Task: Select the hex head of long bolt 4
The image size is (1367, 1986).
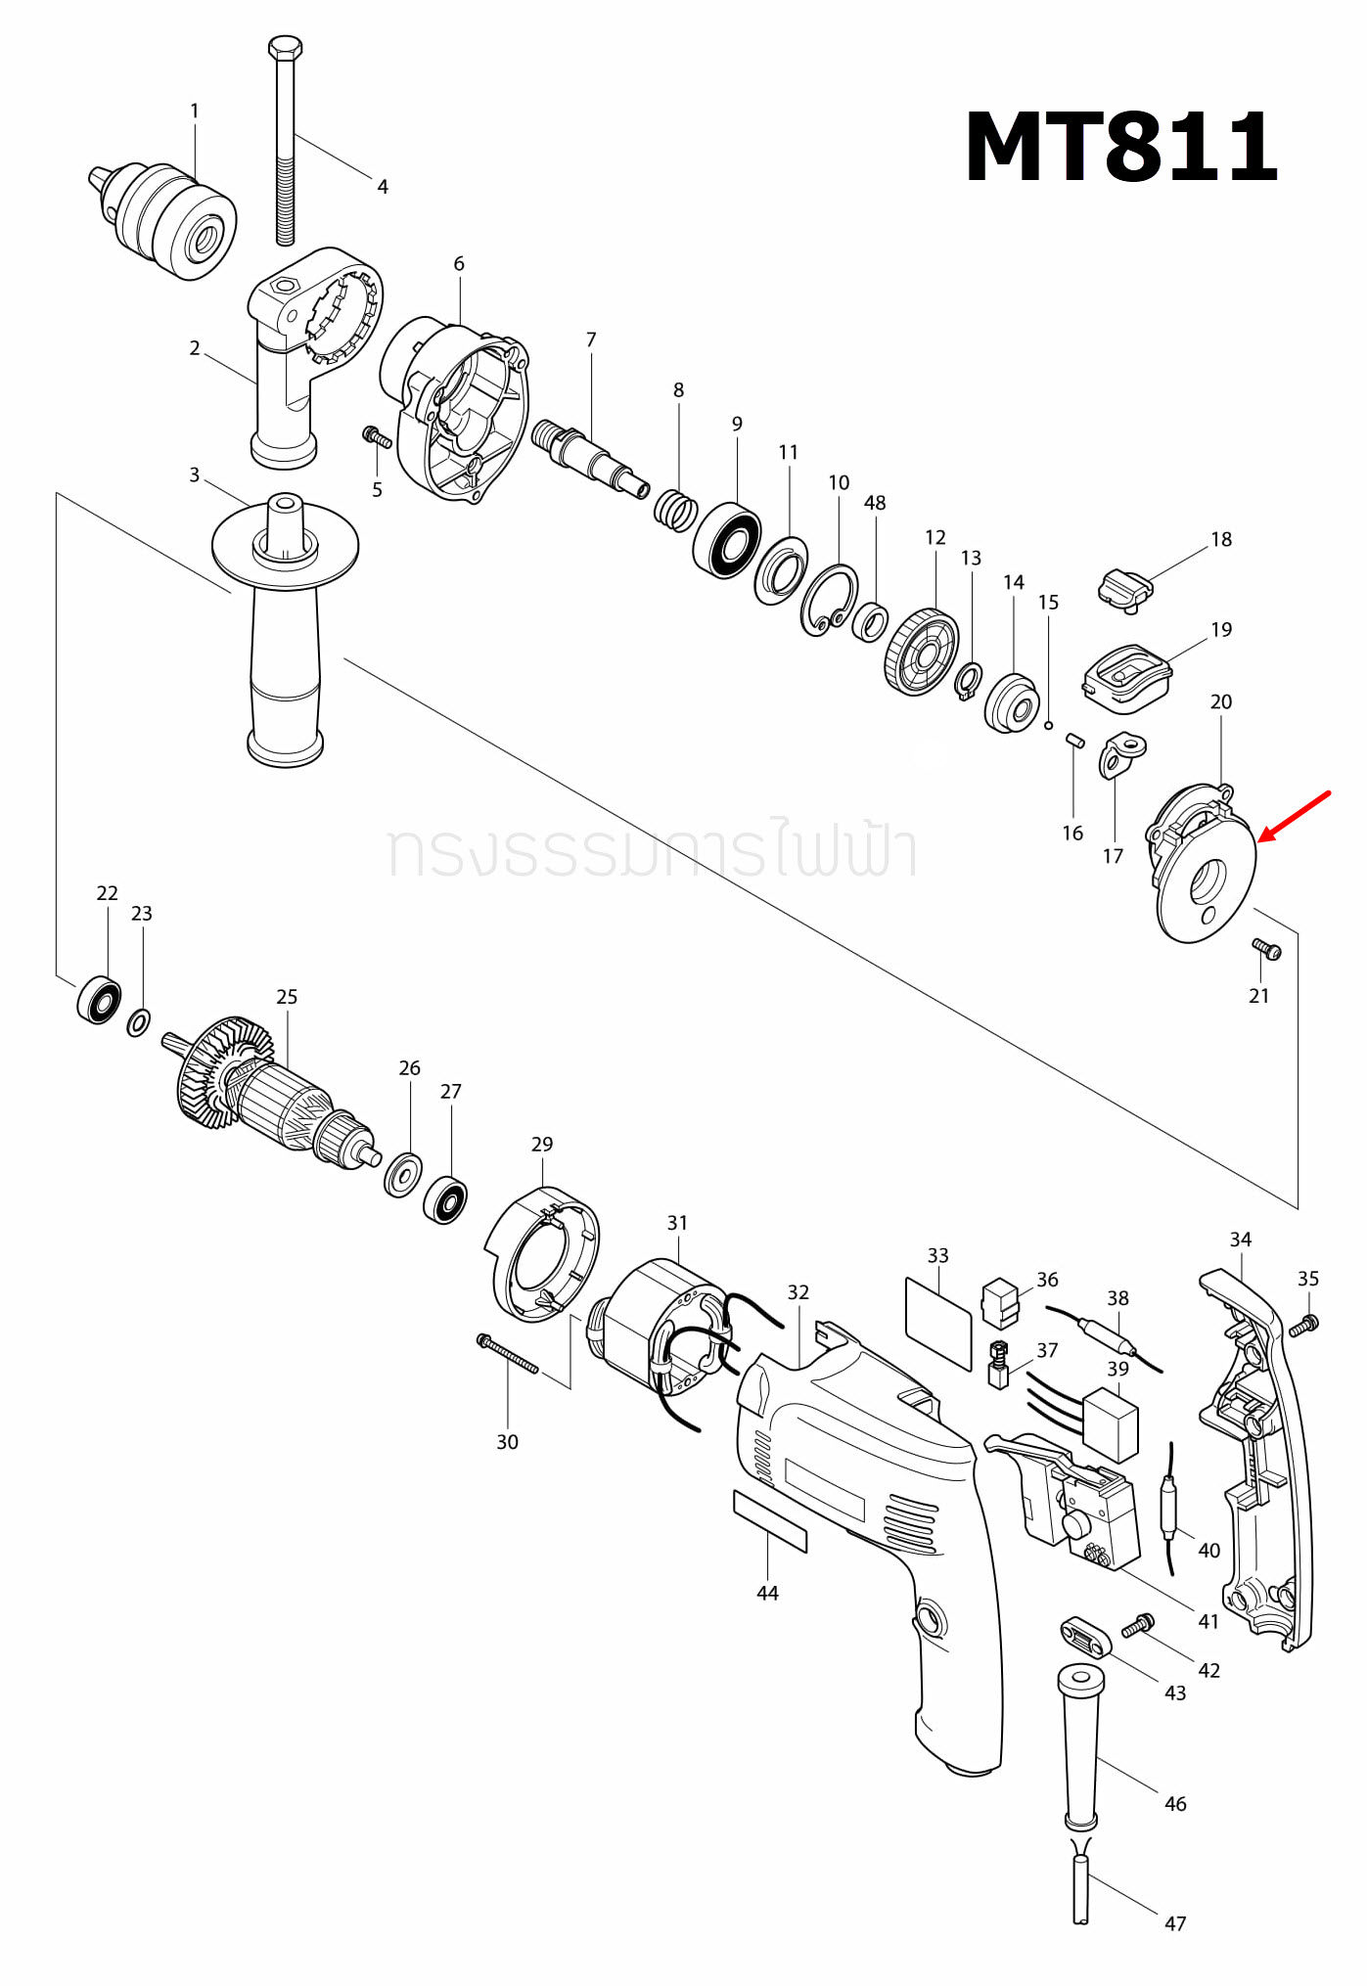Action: pos(285,48)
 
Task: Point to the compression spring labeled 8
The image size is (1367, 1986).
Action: pos(675,510)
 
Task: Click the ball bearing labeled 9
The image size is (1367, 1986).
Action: pos(727,540)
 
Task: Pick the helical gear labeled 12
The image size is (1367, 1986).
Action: pos(921,652)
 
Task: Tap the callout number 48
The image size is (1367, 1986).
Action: pos(875,503)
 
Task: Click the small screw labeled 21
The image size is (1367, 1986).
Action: pos(1266,948)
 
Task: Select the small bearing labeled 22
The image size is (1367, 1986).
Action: pos(99,1000)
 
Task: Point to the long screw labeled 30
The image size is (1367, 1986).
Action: pos(507,1354)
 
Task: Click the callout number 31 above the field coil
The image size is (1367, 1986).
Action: pos(677,1223)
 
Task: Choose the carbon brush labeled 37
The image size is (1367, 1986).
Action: pos(998,1364)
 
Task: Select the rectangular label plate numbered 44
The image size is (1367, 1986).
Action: pos(770,1521)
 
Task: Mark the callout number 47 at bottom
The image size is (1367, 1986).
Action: pos(1175,1923)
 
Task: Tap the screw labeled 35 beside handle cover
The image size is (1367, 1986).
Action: pos(1303,1326)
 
